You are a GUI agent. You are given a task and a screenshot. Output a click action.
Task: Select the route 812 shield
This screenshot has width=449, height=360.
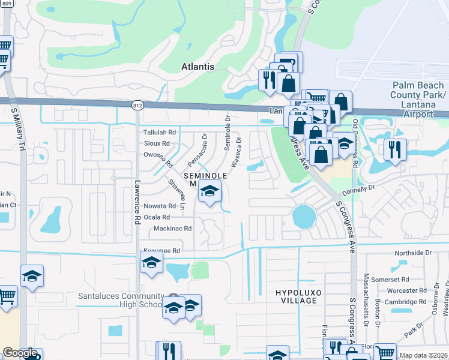click(137, 105)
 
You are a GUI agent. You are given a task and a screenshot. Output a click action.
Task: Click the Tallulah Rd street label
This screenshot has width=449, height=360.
click(158, 133)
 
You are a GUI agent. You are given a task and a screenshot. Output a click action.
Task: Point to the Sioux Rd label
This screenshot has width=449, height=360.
click(157, 143)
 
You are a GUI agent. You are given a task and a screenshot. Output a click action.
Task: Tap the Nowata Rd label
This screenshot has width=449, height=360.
click(160, 206)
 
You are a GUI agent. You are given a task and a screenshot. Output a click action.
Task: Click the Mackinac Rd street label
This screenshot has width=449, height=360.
click(172, 229)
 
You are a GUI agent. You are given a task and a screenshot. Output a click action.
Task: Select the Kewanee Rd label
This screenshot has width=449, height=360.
click(161, 250)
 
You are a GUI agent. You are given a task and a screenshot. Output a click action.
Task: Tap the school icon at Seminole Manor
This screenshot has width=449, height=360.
click(209, 191)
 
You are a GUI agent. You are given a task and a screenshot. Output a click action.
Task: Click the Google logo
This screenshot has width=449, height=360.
click(19, 353)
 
